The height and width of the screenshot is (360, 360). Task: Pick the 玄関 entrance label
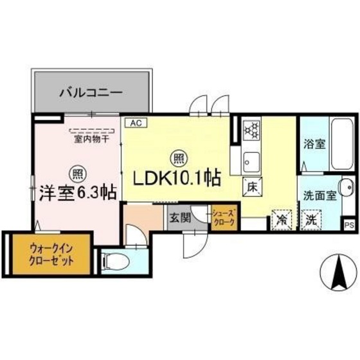coord(178,217)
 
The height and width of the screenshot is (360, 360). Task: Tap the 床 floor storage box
coord(252,187)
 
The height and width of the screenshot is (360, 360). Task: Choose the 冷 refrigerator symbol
coord(281,219)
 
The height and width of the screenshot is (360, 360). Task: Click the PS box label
coord(349,224)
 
